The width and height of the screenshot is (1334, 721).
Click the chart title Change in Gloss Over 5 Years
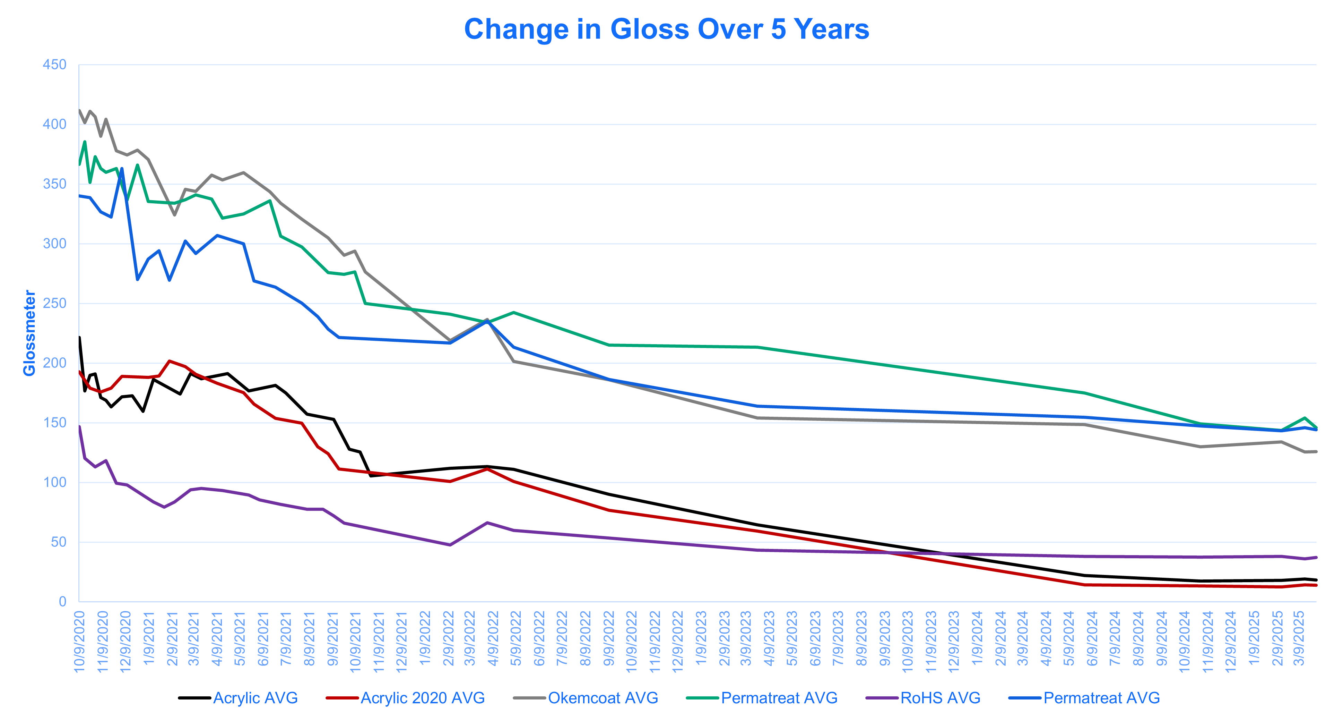(x=667, y=29)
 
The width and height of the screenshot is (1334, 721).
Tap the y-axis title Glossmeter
(x=29, y=333)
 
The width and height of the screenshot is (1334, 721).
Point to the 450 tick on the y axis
(x=54, y=65)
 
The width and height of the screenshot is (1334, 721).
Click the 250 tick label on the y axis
(x=54, y=303)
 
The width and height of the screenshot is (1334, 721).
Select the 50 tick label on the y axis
(x=59, y=542)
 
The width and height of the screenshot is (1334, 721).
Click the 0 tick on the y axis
(x=63, y=602)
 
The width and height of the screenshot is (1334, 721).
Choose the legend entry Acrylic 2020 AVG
(x=422, y=698)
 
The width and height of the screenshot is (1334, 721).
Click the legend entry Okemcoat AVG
(x=602, y=698)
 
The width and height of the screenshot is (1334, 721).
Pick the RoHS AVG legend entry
(x=940, y=698)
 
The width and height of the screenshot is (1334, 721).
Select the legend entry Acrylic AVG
(x=255, y=698)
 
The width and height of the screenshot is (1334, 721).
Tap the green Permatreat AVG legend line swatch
(x=702, y=698)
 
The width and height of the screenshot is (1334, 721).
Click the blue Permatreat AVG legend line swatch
(x=1025, y=698)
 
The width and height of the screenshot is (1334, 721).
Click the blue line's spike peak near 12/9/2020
(x=122, y=169)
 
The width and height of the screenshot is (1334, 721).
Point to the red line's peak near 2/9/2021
(x=169, y=361)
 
